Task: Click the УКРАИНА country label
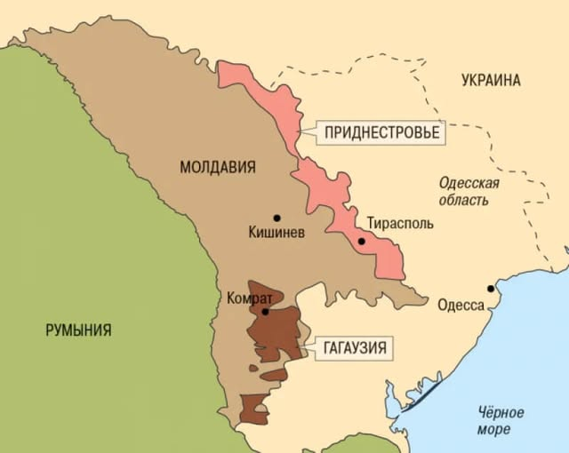pos(491,81)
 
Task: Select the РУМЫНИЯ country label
pos(78,330)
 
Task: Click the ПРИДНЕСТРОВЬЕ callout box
pos(382,132)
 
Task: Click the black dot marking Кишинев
pos(277,218)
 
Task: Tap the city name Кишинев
pos(277,234)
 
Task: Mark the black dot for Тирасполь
pos(362,241)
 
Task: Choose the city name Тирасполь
pos(400,223)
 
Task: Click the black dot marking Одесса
pos(490,289)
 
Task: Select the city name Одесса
pos(461,306)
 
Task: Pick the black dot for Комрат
pos(265,311)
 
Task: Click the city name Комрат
pos(250,298)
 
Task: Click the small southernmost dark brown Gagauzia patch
pos(253,409)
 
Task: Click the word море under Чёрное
pos(501,431)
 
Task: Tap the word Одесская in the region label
pos(469,183)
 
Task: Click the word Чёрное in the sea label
pos(501,413)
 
